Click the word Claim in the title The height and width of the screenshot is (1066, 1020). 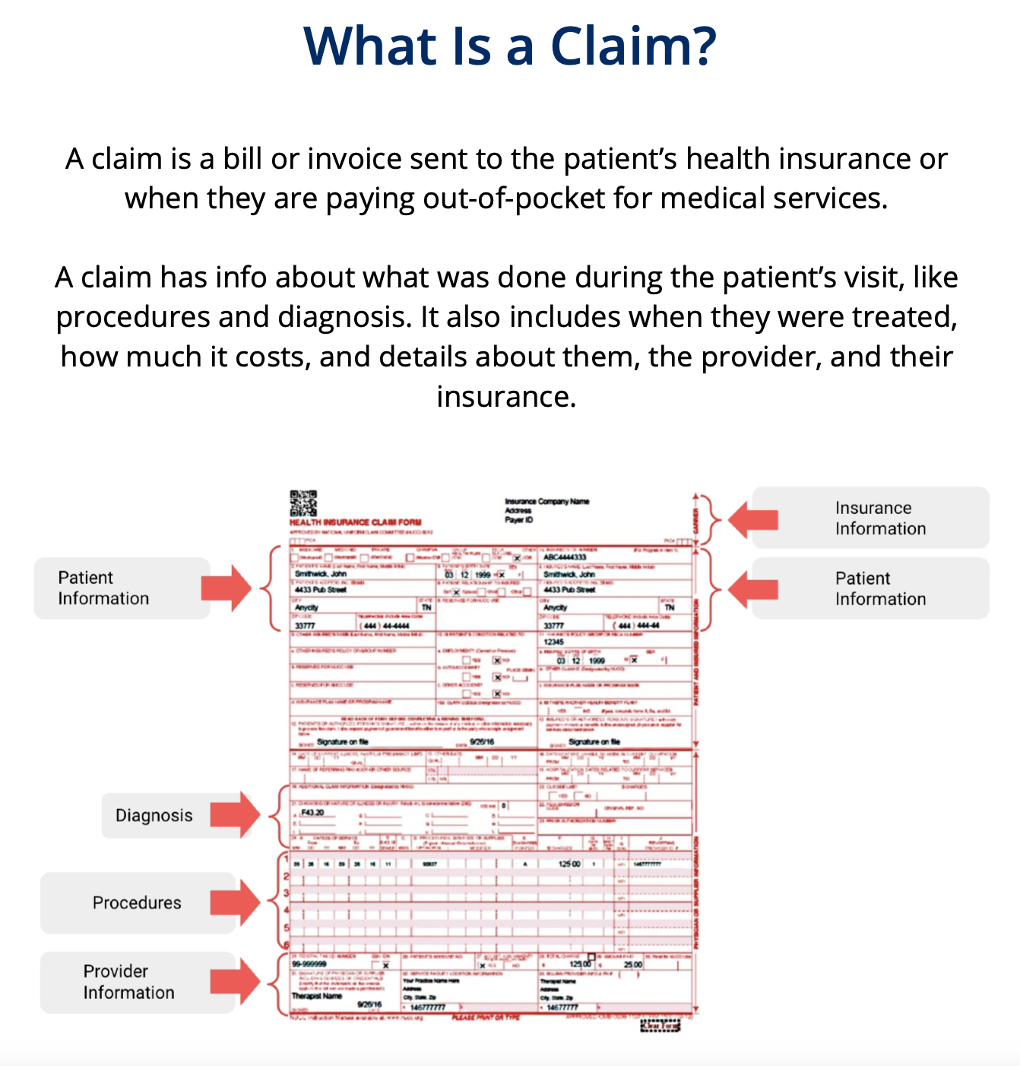[632, 46]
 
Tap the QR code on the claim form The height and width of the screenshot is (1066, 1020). [303, 503]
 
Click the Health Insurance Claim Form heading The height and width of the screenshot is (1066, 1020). [355, 522]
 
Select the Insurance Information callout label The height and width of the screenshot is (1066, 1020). [880, 518]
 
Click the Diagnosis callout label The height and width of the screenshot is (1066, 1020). [154, 815]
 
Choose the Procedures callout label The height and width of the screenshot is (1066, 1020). [137, 903]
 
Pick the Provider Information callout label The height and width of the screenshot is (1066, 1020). [128, 982]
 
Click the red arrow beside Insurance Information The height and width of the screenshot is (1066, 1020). [753, 519]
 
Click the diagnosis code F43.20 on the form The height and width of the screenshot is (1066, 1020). [312, 813]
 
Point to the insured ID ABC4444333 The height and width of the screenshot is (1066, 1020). [565, 557]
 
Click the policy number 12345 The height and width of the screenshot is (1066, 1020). [554, 642]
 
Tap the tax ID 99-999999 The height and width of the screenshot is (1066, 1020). [309, 964]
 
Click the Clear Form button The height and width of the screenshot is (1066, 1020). [660, 1026]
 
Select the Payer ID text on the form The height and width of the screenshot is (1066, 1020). [519, 520]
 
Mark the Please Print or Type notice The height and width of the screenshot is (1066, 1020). [486, 1017]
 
